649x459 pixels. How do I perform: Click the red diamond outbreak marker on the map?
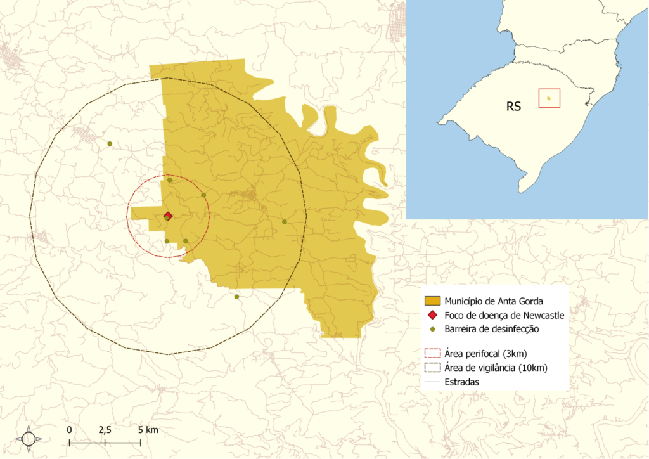[168, 216]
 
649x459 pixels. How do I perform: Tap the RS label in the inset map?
[513, 107]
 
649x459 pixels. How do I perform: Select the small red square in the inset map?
[549, 98]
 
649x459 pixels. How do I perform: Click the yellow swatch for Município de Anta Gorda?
[432, 301]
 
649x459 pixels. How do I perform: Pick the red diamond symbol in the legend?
[432, 315]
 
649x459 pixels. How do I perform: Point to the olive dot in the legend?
[432, 330]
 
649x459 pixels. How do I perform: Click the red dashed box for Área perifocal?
[432, 352]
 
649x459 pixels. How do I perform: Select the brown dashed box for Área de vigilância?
[432, 368]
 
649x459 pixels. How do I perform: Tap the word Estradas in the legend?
[462, 382]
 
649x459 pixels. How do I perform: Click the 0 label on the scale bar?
[69, 430]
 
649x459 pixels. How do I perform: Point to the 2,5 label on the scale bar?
[105, 430]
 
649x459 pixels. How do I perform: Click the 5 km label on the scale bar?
[148, 430]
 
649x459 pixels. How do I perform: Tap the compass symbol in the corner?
[29, 438]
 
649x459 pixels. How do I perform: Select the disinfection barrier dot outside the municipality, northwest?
[110, 144]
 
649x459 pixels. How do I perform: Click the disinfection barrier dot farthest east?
[285, 222]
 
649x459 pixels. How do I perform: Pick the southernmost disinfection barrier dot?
[236, 297]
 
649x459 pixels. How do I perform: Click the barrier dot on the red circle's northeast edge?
[203, 195]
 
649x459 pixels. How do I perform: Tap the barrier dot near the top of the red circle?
[169, 180]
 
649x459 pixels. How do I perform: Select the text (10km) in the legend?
[532, 368]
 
